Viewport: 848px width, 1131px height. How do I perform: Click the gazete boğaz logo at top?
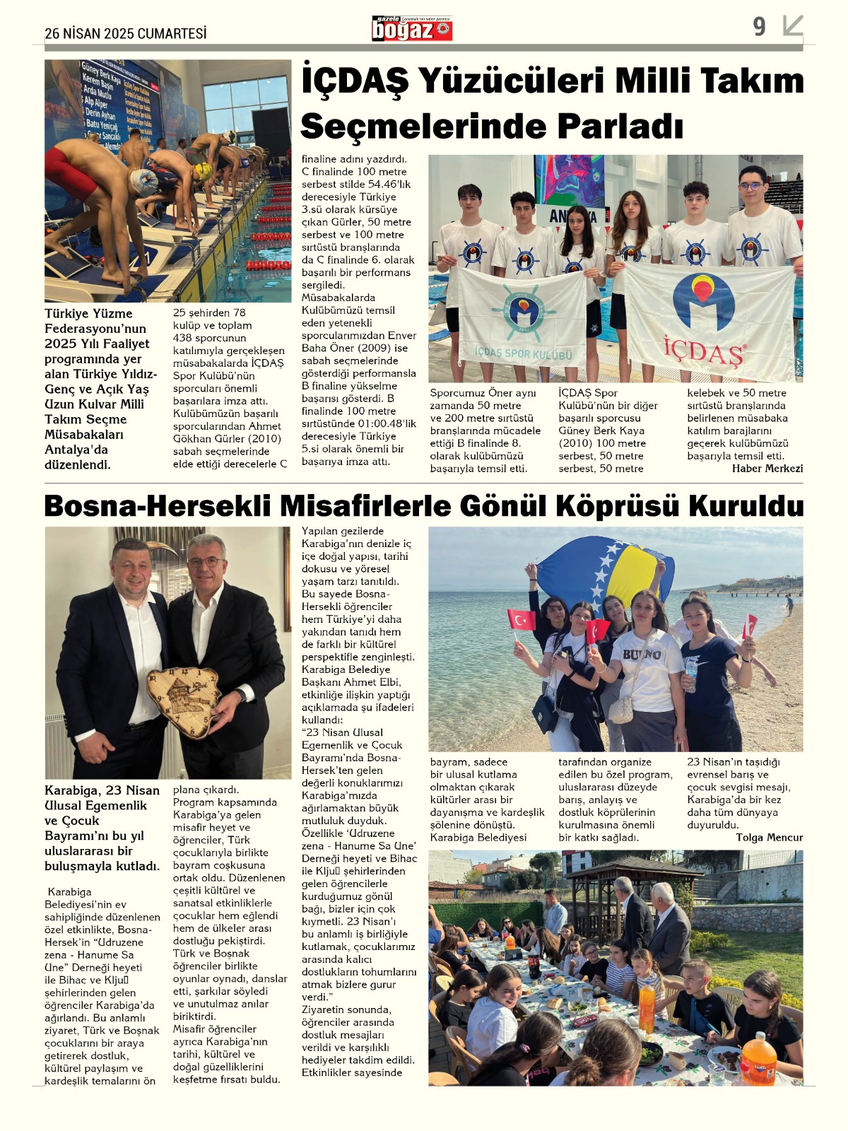tap(412, 28)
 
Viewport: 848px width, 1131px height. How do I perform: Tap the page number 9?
tap(759, 27)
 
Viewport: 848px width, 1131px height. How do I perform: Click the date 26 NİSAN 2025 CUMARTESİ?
tap(126, 33)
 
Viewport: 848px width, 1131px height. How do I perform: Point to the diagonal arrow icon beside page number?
tap(793, 26)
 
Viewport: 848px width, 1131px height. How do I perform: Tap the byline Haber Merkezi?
tap(767, 468)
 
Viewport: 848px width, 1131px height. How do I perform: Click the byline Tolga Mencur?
tap(769, 837)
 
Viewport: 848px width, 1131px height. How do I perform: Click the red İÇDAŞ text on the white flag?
tap(703, 350)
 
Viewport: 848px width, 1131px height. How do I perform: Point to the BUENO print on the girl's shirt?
tap(642, 655)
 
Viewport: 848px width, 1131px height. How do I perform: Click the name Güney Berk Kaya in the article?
tap(601, 430)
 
